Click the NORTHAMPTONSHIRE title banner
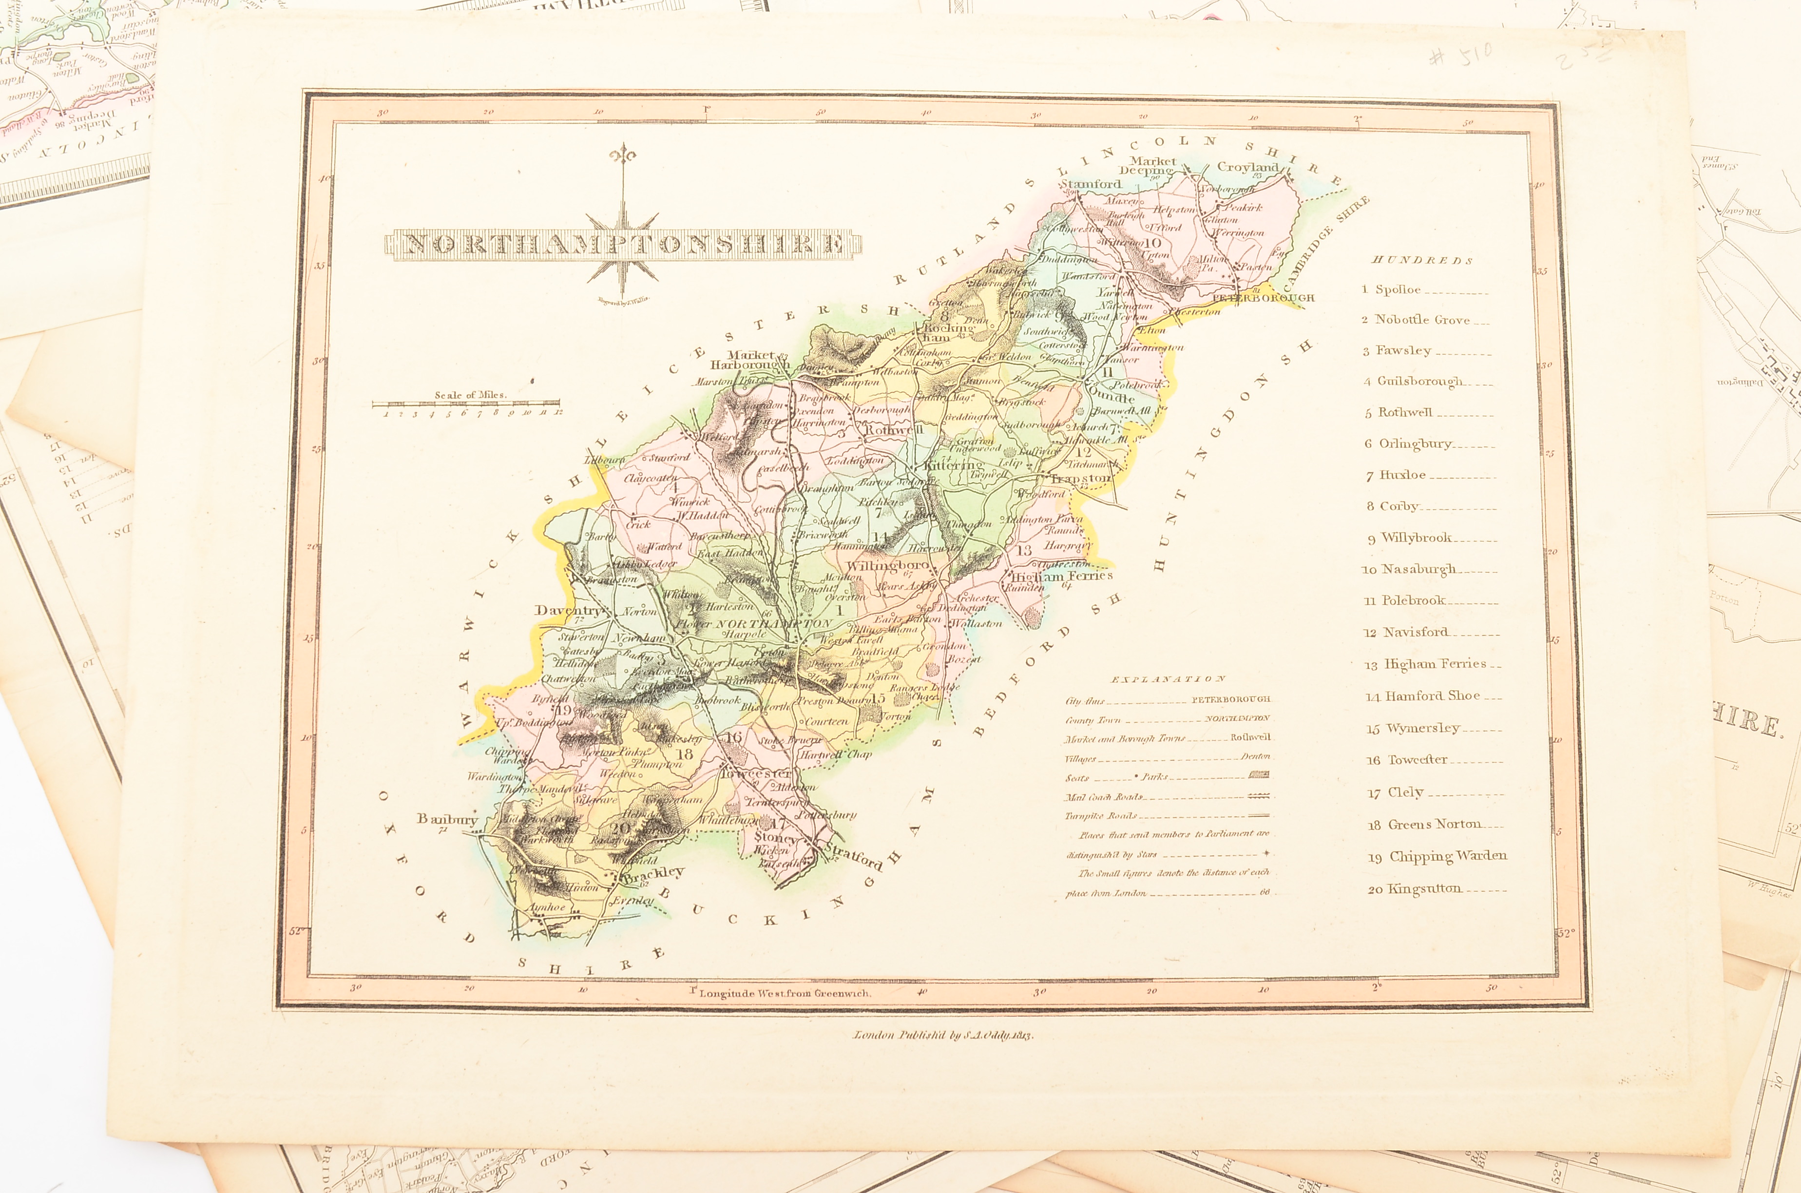tap(624, 244)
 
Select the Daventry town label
tap(567, 610)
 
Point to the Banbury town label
tap(446, 819)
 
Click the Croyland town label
tap(1247, 167)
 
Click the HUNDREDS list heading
tap(1421, 260)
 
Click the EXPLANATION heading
tap(1168, 679)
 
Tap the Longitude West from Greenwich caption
tap(784, 993)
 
